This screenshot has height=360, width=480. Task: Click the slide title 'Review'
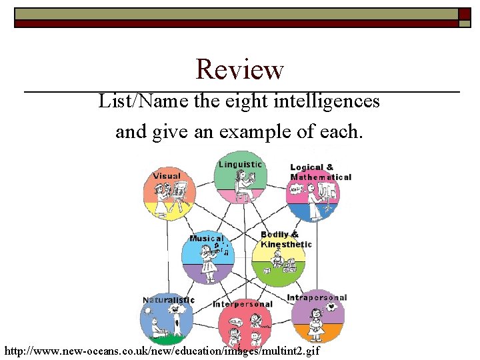(x=239, y=69)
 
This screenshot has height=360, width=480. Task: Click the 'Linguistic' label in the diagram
(x=240, y=165)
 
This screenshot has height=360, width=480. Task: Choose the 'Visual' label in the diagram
(x=166, y=176)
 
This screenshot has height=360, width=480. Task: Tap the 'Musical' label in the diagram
(x=207, y=239)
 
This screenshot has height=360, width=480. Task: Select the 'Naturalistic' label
(x=169, y=300)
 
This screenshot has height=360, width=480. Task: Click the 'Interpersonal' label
(x=242, y=304)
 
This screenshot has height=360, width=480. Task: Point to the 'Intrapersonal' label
(x=317, y=298)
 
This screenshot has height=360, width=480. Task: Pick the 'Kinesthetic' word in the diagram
(x=286, y=245)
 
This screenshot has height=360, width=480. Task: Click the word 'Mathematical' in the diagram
(x=321, y=177)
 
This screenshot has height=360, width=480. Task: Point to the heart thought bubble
(x=332, y=307)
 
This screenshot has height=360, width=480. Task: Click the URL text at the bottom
(x=162, y=351)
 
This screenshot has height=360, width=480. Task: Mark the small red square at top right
(x=464, y=13)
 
